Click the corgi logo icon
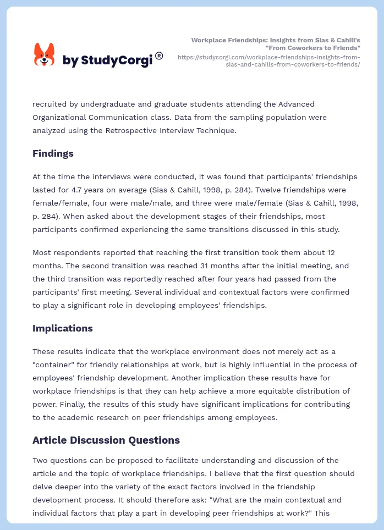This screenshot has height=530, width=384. point(45,55)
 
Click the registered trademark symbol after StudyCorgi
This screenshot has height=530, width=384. point(159,56)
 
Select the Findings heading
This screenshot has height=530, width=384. point(53,153)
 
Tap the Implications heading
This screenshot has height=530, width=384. point(62,328)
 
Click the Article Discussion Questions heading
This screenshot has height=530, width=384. point(106,440)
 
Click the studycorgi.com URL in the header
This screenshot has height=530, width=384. point(269,60)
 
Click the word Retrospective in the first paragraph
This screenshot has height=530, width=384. point(147,130)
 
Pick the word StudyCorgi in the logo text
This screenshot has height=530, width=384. point(116,60)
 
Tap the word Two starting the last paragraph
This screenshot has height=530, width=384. point(40,460)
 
